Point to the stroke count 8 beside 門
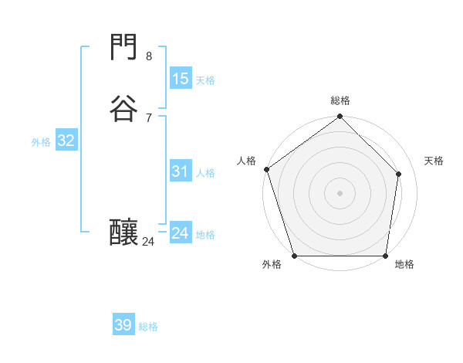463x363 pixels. (149, 56)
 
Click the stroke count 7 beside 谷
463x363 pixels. (149, 117)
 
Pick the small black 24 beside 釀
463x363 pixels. (149, 242)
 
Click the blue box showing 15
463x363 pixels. (180, 78)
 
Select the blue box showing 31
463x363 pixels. (180, 171)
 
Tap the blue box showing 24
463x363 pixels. (180, 233)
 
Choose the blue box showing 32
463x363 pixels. (66, 141)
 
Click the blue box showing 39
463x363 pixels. (123, 325)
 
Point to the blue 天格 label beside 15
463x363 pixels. (205, 80)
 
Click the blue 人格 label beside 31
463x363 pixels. (205, 173)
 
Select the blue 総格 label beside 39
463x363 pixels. (148, 327)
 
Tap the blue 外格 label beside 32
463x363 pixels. (41, 142)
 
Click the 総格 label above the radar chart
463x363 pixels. (340, 100)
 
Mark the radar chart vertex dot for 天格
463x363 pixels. (399, 174)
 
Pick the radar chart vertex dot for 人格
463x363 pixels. (266, 169)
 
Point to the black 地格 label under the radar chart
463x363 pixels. (404, 265)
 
